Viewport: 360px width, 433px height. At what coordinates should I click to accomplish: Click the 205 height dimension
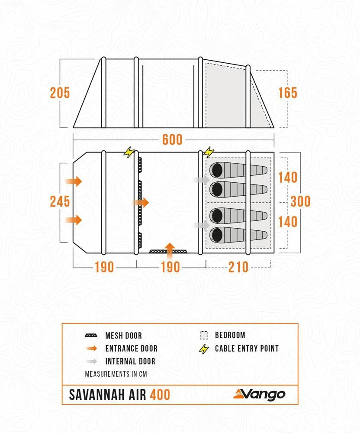coord(60,93)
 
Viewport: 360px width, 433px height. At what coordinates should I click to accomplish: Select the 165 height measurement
coord(288,93)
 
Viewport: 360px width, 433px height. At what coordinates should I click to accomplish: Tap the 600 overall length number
coord(172,140)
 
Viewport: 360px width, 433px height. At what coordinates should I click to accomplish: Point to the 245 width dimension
coord(60,202)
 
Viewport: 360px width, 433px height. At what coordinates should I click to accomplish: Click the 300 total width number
coord(300,201)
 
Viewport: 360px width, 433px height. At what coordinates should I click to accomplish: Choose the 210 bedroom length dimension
coord(238,267)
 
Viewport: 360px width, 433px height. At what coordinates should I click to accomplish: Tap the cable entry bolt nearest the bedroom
coord(209,152)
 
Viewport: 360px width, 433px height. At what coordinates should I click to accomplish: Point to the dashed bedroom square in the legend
coord(204,336)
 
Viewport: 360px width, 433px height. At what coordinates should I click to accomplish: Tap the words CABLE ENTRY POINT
coord(247,349)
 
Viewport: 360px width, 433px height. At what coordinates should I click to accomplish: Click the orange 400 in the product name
coord(160,395)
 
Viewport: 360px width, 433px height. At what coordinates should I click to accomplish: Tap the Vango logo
coord(260,394)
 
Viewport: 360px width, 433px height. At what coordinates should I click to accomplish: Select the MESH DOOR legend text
coord(123,336)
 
